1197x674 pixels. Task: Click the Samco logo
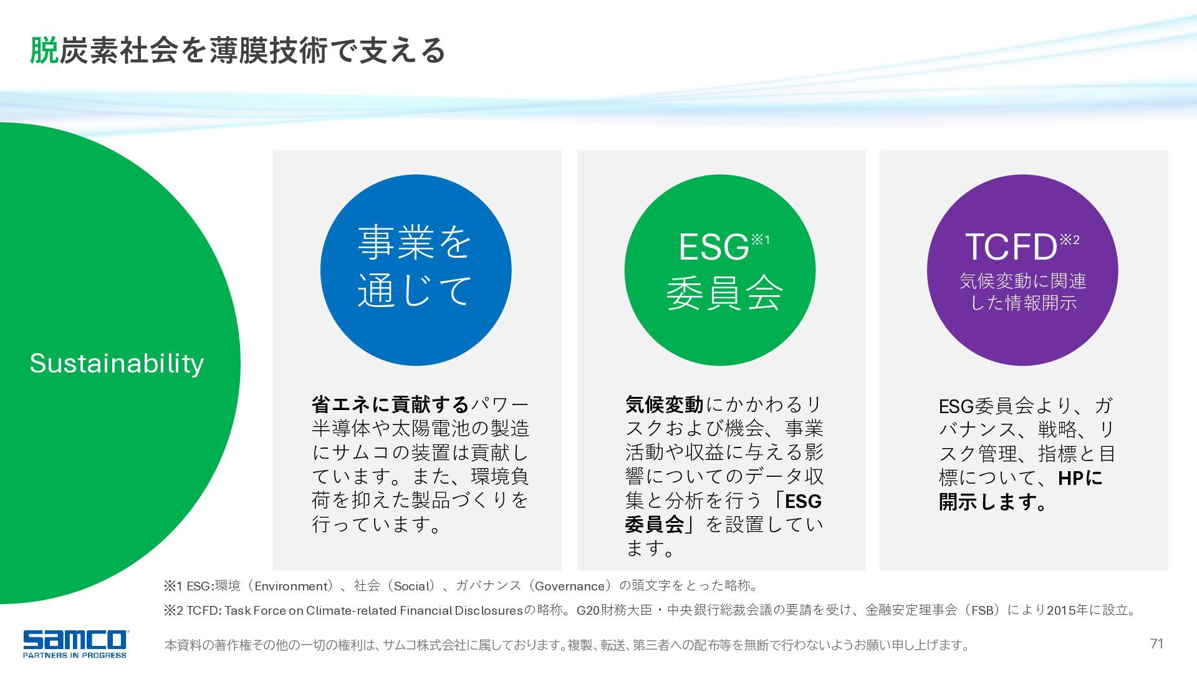tap(75, 643)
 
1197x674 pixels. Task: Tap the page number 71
tap(1156, 643)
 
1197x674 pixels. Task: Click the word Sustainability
tap(117, 363)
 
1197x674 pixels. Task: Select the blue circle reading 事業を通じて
tap(416, 270)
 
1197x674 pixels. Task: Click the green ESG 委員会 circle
tap(720, 270)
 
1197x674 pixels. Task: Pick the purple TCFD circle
tap(1022, 270)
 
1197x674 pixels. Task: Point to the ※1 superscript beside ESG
tap(761, 240)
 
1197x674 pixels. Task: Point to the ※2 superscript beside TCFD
tap(1070, 240)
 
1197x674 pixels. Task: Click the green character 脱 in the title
tap(44, 51)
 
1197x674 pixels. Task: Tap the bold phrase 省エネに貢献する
tap(390, 405)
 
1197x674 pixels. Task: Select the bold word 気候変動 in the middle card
tap(665, 405)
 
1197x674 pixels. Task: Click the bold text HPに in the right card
tap(1080, 478)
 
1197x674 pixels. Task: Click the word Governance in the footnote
tap(570, 586)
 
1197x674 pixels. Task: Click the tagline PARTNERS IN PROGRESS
tap(75, 655)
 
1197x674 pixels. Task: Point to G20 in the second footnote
tap(589, 610)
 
